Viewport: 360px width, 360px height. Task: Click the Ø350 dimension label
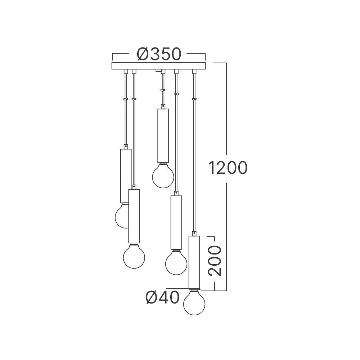click(158, 54)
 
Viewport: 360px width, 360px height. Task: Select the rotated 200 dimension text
click(215, 261)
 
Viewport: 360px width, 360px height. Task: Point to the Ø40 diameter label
click(162, 297)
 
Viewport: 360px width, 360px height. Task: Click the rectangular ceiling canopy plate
click(159, 66)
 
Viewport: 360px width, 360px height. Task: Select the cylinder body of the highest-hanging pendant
click(163, 136)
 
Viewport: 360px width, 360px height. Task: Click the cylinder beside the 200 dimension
click(194, 262)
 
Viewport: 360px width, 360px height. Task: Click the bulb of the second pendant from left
click(134, 256)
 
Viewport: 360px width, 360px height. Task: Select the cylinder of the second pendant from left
click(134, 216)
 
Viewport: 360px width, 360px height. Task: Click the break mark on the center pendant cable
click(163, 91)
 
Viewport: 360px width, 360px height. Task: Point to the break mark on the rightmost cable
click(194, 98)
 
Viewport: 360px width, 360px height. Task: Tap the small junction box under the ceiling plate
click(158, 71)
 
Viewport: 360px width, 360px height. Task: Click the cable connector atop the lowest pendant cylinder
click(194, 233)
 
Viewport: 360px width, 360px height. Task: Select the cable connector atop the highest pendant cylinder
click(163, 107)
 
